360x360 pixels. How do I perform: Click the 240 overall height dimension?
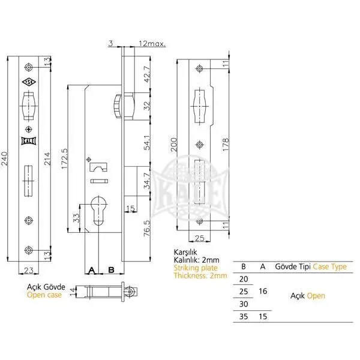pos(5,158)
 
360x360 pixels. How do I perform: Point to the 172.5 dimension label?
pos(65,158)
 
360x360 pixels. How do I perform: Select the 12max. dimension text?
pos(152,43)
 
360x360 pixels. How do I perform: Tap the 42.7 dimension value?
pos(147,74)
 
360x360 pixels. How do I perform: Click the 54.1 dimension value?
pos(147,142)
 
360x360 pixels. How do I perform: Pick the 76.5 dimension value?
pos(147,228)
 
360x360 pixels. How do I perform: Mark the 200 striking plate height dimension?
pos(174,145)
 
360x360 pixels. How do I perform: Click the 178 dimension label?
pos(226,145)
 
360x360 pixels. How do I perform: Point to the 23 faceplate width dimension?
pos(28,270)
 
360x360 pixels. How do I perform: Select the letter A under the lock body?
pos(92,270)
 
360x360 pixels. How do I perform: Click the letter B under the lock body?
pos(111,270)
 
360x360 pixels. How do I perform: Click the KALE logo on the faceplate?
pos(29,141)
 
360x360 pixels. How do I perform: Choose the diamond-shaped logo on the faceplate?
pos(29,82)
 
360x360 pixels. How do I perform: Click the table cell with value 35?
pos(244,317)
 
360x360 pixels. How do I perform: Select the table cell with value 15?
pos(263,317)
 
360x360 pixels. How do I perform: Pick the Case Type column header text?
pos(329,266)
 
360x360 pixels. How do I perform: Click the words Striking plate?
pos(196,268)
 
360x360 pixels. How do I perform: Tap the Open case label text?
pos(44,295)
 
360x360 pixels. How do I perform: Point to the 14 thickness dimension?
pos(73,292)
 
